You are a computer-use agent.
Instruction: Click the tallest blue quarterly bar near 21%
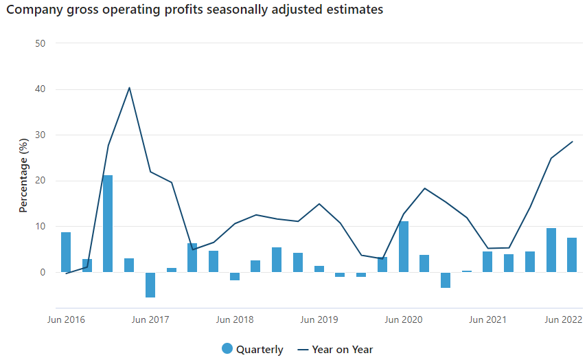point(108,223)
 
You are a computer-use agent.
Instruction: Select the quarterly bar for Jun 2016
point(66,252)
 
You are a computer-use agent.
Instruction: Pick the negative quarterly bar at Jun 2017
point(150,284)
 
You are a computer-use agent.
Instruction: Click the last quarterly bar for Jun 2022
point(572,255)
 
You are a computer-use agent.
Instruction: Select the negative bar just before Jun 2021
point(446,280)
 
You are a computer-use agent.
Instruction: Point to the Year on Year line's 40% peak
point(129,88)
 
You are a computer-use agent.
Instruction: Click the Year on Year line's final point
point(572,142)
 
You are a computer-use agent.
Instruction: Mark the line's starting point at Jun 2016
point(66,273)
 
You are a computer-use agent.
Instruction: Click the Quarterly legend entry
point(252,349)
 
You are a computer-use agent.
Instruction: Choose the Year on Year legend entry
point(335,349)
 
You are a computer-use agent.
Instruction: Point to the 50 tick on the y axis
point(40,43)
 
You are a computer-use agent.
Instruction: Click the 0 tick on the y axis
point(43,272)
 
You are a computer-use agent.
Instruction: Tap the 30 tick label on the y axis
point(40,135)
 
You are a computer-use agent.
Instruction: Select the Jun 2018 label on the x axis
point(235,319)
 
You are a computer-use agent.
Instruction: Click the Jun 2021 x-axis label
point(487,319)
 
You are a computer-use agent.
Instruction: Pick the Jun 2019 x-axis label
point(319,319)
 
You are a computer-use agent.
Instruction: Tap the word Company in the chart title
point(33,10)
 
